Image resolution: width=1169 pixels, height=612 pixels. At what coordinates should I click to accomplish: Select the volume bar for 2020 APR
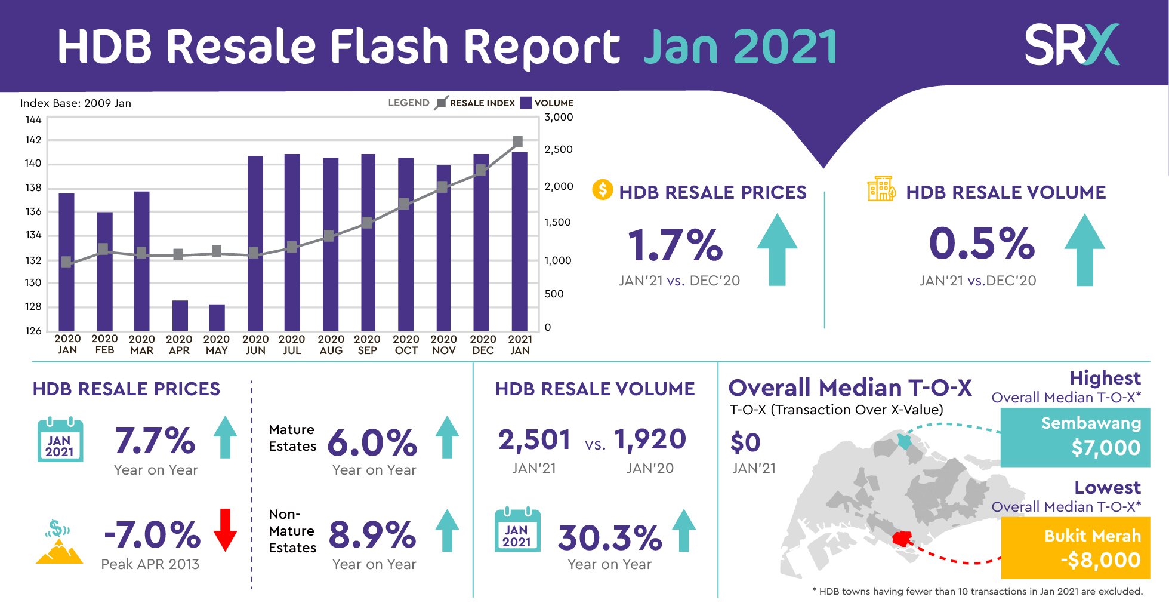[180, 315]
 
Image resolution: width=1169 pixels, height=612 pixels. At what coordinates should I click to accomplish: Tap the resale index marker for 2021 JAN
[518, 142]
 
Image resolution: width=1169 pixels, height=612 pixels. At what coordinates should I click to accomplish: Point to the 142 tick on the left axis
[33, 140]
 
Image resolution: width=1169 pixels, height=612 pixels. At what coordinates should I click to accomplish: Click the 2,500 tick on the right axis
[559, 149]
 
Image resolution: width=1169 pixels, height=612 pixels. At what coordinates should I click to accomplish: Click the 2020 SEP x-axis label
[368, 345]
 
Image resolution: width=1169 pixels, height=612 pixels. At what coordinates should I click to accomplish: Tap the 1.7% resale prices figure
[675, 245]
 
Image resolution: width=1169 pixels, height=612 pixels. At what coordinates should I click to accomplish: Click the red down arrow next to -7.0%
[225, 530]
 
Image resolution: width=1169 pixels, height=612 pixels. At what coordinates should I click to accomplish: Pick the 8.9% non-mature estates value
[372, 534]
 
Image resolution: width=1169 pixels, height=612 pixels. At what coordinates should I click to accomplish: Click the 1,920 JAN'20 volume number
[650, 439]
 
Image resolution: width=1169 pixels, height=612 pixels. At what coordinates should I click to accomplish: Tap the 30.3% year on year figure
[610, 537]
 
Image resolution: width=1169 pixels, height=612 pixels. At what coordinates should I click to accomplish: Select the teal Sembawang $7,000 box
[1075, 437]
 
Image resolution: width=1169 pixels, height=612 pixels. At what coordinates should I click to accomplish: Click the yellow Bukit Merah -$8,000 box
[1075, 548]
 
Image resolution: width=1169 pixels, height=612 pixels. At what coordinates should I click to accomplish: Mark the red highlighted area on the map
[902, 539]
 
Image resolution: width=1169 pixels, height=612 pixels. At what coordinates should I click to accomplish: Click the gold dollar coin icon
[602, 190]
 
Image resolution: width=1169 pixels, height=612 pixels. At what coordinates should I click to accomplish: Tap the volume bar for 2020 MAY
[217, 317]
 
